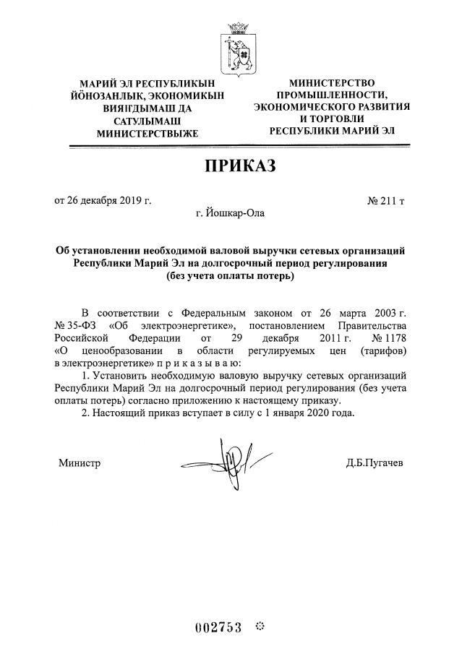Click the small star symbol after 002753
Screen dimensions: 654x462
[261, 626]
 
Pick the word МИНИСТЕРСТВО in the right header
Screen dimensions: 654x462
[332, 83]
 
